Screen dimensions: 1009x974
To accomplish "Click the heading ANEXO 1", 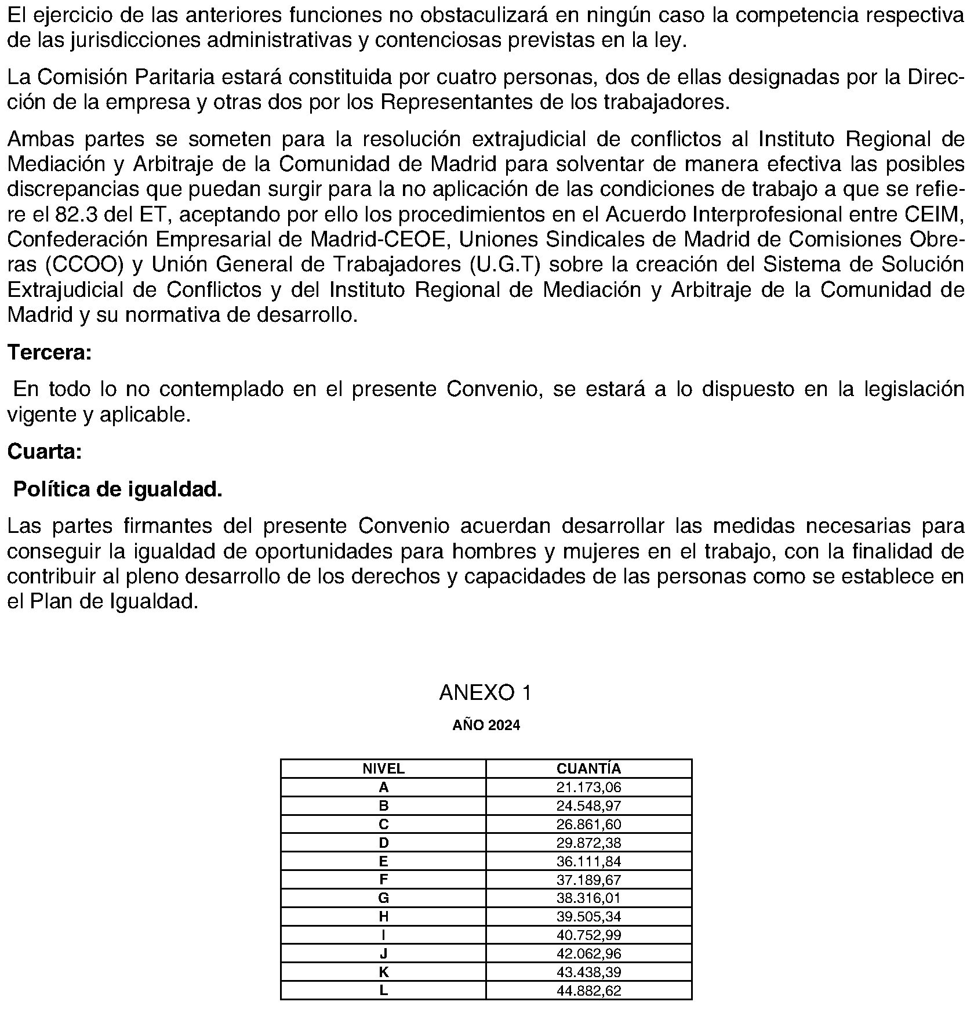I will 485,693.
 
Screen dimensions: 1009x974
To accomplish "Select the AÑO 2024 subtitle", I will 486,725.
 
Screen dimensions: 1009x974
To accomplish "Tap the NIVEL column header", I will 383,769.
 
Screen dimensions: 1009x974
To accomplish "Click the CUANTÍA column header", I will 588,769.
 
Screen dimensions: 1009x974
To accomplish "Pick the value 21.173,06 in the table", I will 588,787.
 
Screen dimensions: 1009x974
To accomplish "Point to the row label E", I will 383,862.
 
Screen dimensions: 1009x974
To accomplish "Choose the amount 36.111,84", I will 588,862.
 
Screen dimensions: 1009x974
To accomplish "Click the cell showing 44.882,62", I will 588,991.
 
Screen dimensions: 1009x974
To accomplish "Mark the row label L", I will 383,991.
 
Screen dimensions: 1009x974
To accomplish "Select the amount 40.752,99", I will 588,935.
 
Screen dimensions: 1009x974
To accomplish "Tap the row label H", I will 383,917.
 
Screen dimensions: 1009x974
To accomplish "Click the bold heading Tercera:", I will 49,353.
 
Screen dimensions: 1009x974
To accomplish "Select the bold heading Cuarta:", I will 44,452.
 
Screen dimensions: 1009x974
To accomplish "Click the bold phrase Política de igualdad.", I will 118,489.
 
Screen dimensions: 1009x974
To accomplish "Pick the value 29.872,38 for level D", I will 588,843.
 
